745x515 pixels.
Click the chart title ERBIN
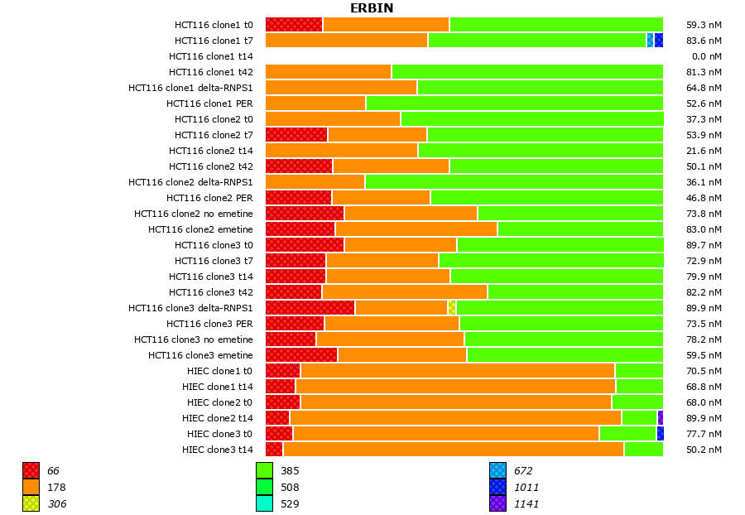372,8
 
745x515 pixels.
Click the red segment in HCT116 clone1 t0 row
294,25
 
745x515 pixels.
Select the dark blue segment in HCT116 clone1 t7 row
659,41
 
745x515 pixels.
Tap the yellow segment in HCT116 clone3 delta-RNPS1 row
452,308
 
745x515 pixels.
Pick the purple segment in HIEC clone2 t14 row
661,418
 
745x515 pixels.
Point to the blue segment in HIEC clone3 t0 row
660,434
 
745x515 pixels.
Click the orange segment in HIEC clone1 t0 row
457,371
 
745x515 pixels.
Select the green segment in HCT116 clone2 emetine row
580,229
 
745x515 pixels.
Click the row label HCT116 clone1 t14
211,56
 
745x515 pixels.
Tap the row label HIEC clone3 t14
218,450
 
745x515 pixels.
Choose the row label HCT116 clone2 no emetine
194,214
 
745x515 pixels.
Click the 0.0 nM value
706,56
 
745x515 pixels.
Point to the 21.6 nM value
704,151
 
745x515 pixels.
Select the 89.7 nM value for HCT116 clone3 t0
704,245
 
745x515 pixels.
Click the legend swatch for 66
31,470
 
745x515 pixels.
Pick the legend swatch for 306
31,503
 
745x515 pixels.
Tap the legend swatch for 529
264,503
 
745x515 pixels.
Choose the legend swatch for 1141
497,503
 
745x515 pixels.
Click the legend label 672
522,471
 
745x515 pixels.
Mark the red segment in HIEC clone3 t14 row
274,450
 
